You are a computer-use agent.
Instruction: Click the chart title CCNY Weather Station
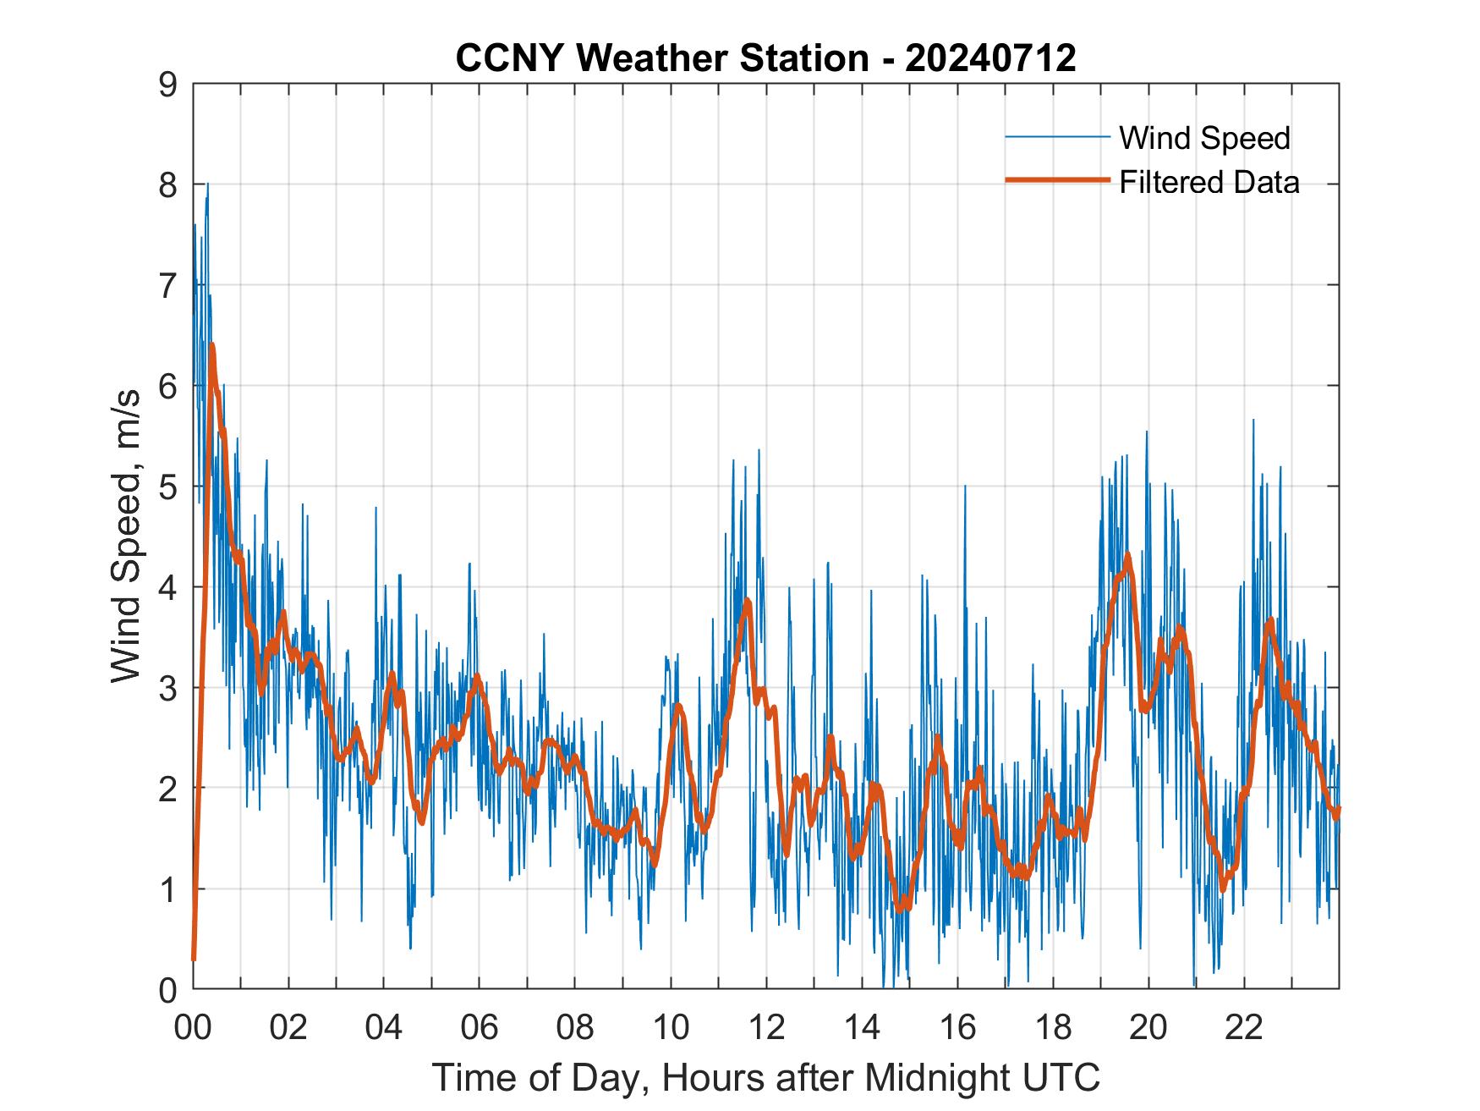click(x=661, y=58)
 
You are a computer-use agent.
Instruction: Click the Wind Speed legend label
click(x=1204, y=138)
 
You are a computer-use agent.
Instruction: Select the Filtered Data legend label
click(x=1209, y=182)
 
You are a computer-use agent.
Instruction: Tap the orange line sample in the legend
click(x=1057, y=180)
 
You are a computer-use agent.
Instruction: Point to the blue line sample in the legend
click(x=1057, y=137)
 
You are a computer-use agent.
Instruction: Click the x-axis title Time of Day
click(x=766, y=1078)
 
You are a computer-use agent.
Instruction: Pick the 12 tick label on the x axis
click(x=766, y=1028)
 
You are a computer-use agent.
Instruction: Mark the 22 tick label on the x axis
click(x=1244, y=1028)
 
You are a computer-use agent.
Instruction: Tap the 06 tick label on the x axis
click(x=480, y=1028)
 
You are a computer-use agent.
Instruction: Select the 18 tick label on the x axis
click(x=1053, y=1028)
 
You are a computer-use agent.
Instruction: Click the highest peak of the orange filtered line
click(x=212, y=345)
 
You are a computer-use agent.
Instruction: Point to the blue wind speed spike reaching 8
click(x=207, y=184)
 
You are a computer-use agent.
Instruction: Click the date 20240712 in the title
click(x=990, y=58)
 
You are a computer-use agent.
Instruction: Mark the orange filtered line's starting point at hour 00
click(x=194, y=958)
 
